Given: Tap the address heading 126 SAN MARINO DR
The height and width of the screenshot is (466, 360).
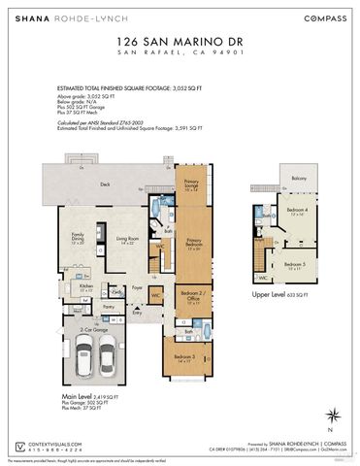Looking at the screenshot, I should click(180, 43).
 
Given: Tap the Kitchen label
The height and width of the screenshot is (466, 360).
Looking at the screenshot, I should click(85, 286).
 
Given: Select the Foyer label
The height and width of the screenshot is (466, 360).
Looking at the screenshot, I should click(138, 288).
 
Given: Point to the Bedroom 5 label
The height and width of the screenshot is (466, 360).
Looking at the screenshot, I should click(294, 264).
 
